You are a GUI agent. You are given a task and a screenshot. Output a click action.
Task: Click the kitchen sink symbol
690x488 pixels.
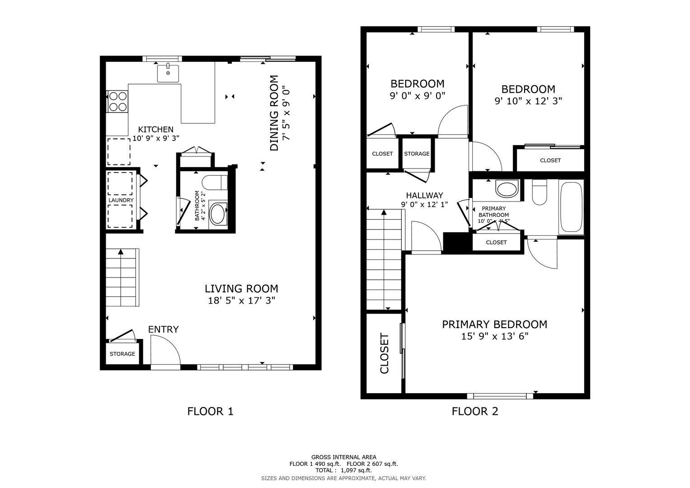pyautogui.click(x=168, y=73)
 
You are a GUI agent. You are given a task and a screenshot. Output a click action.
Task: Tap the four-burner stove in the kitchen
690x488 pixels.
pyautogui.click(x=117, y=102)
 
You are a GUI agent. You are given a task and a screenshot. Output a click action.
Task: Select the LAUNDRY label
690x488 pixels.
pyautogui.click(x=121, y=200)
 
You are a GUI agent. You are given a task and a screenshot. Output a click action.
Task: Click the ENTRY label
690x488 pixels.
pyautogui.click(x=163, y=329)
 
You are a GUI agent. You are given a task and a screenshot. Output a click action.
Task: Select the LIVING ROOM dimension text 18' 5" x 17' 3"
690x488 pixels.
pyautogui.click(x=241, y=300)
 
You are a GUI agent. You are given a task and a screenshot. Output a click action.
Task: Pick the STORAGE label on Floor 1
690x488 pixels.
pyautogui.click(x=122, y=354)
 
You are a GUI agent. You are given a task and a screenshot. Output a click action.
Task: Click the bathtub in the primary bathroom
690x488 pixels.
pyautogui.click(x=571, y=207)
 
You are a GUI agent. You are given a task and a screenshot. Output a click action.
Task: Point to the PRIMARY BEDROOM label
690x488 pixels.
pyautogui.click(x=494, y=324)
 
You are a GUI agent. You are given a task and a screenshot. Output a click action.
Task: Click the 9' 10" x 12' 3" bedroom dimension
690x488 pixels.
pyautogui.click(x=528, y=101)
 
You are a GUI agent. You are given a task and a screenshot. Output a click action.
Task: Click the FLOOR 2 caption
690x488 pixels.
pyautogui.click(x=475, y=411)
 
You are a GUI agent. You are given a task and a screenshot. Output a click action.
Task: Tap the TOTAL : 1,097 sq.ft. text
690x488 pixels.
pyautogui.click(x=343, y=470)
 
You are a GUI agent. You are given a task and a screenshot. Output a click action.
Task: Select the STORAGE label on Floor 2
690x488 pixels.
pyautogui.click(x=417, y=154)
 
